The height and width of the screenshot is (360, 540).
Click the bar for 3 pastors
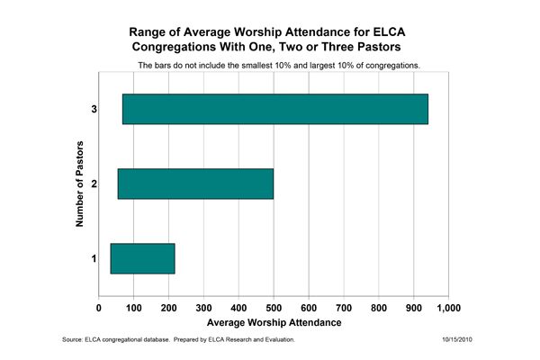274,109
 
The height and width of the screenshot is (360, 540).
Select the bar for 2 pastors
195,184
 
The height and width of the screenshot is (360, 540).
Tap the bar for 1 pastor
142,258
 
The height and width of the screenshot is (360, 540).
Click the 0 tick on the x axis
99,307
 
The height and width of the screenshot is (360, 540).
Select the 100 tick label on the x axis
134,307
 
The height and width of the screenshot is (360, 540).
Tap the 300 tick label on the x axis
204,307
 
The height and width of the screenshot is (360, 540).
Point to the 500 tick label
274,307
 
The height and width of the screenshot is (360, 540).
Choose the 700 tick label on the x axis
344,307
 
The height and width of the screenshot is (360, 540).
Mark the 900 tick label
413,307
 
